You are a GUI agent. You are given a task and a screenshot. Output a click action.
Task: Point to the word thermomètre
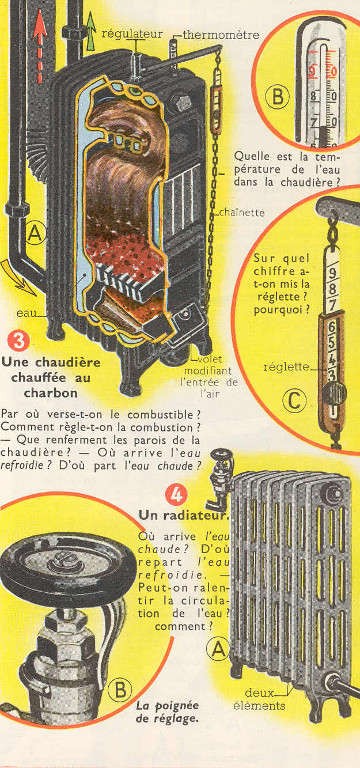click(x=221, y=35)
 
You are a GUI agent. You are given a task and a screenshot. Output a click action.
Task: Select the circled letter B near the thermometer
click(x=277, y=96)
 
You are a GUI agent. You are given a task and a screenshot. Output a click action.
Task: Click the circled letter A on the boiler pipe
click(x=35, y=234)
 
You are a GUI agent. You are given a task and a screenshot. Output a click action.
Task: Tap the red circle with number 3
click(x=19, y=341)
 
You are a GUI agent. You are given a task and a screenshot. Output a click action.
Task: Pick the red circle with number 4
click(x=176, y=495)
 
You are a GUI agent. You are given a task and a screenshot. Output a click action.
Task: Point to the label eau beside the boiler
click(x=24, y=313)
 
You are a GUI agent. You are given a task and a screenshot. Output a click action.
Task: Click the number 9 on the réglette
click(x=333, y=272)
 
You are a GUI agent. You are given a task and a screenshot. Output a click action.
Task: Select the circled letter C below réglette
click(x=294, y=401)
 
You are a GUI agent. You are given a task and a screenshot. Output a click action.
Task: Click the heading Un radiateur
click(x=184, y=515)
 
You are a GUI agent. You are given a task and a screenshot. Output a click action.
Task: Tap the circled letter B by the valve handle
click(x=120, y=690)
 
